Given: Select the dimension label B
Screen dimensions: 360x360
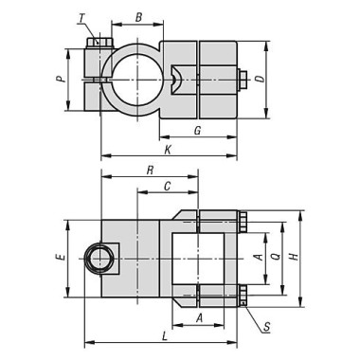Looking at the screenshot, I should [x=138, y=16].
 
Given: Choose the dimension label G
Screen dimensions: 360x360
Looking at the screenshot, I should [x=196, y=129].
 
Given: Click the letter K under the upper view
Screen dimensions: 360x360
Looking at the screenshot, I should [x=168, y=150].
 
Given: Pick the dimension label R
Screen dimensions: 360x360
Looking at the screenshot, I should [x=150, y=170].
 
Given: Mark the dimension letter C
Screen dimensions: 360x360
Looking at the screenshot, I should [x=167, y=187].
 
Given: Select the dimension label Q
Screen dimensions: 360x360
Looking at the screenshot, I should [x=274, y=257].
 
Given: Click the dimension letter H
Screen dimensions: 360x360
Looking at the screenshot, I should [x=293, y=257].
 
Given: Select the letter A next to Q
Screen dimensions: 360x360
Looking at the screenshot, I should [x=256, y=257].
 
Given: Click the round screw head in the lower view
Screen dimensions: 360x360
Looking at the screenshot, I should [x=98, y=257].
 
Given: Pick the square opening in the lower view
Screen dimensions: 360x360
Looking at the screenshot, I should [x=198, y=257].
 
